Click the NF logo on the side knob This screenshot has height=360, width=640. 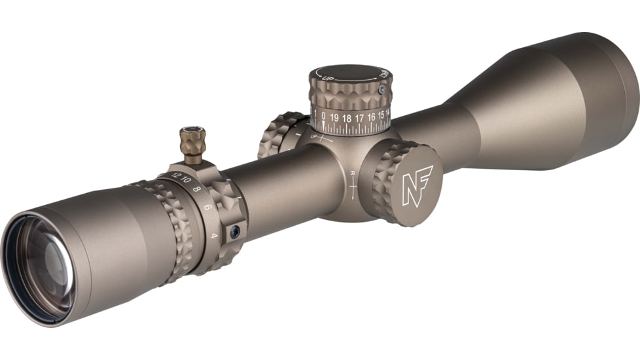tap(417, 186)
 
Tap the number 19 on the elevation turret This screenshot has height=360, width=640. tap(334, 118)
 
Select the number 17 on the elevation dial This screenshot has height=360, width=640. tap(359, 118)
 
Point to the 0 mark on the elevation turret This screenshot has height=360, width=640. tap(323, 117)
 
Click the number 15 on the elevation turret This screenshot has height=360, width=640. tap(381, 115)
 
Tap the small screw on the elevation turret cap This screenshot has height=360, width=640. tap(382, 90)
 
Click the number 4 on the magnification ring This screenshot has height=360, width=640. tap(214, 236)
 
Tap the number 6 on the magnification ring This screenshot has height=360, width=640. tap(207, 206)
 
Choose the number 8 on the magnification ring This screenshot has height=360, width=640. tap(197, 189)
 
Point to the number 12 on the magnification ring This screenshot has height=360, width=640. tap(175, 175)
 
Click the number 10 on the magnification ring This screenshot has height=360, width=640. tap(186, 180)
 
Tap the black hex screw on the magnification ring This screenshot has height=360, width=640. tap(234, 232)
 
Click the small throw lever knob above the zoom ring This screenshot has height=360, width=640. tap(193, 140)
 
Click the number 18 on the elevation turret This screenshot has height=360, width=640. tap(347, 118)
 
